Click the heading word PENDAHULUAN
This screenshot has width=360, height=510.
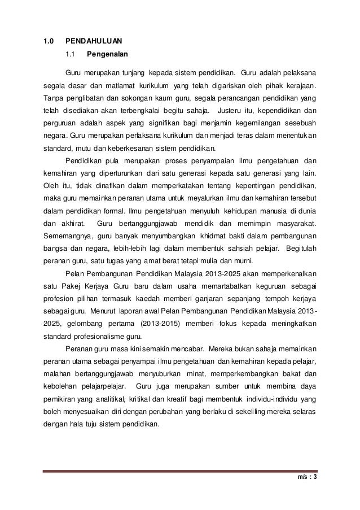94,41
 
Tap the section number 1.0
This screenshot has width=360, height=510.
49,41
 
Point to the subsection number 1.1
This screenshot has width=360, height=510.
71,55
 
